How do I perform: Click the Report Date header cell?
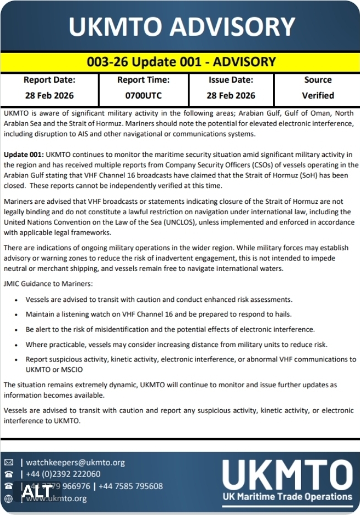tap(50, 80)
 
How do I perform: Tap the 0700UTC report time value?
tap(143, 95)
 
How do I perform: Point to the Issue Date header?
tap(231, 80)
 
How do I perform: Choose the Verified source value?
tap(318, 95)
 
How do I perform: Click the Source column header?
tap(318, 80)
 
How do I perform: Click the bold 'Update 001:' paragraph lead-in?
tap(23, 155)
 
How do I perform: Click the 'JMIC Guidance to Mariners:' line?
tap(48, 284)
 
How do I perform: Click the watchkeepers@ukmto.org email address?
tap(75, 463)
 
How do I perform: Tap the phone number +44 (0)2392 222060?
tap(63, 474)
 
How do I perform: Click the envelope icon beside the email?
tap(8, 463)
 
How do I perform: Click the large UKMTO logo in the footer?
tap(287, 474)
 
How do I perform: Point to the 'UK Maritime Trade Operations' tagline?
tap(287, 497)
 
